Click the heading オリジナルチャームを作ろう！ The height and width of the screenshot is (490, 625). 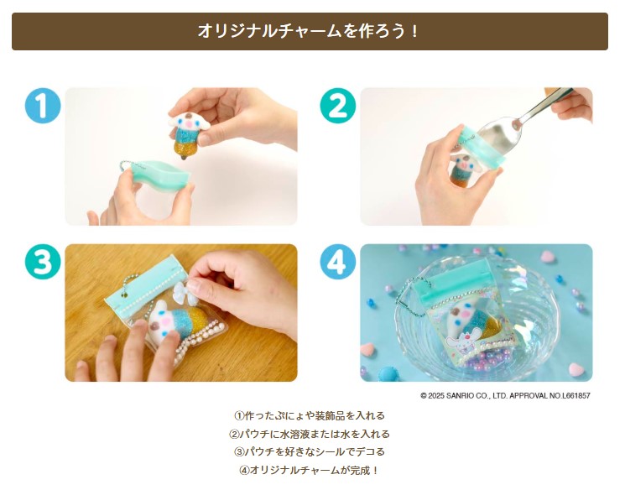(310, 32)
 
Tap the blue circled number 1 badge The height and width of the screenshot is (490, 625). (43, 107)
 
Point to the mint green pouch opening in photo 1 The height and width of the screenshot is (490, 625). (163, 172)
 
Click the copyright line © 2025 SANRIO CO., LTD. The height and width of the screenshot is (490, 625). (505, 395)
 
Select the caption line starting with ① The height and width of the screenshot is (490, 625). (310, 415)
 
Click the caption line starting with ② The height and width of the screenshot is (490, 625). (310, 434)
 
